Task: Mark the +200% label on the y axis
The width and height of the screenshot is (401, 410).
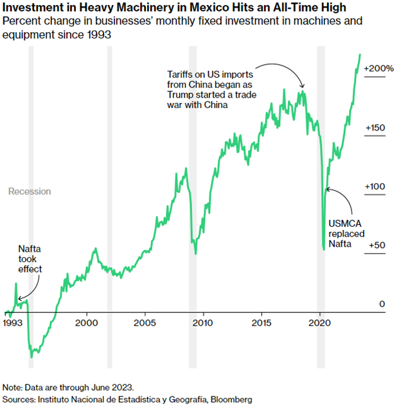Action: [x=378, y=67]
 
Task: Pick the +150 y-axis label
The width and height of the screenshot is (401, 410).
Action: [x=375, y=128]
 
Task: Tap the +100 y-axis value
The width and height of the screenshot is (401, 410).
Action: [x=375, y=186]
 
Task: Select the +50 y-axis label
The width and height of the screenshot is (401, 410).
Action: [x=376, y=245]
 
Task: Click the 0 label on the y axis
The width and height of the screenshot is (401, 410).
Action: [x=381, y=303]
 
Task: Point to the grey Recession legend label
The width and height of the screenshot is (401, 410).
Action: [x=29, y=192]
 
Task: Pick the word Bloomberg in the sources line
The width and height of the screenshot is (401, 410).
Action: [x=229, y=400]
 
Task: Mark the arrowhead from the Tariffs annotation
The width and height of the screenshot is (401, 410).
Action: [x=303, y=88]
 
